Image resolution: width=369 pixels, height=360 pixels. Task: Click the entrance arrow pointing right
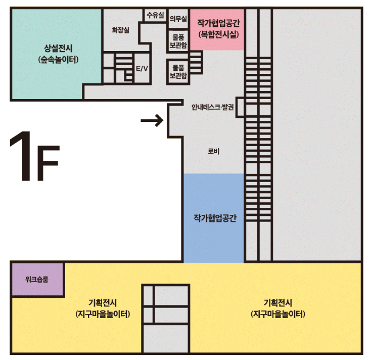click(152, 120)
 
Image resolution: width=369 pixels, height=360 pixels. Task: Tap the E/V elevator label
click(142, 69)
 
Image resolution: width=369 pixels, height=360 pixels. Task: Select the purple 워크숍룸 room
click(37, 279)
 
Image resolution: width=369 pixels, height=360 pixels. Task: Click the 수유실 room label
click(155, 15)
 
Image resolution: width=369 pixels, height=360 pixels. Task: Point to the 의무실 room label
click(178, 19)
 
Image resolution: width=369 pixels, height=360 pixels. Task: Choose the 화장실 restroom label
click(120, 30)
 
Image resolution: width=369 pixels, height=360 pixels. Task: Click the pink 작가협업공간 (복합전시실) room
click(217, 30)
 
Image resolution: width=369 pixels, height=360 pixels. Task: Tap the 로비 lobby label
click(213, 151)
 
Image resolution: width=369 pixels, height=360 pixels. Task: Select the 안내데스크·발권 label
click(212, 107)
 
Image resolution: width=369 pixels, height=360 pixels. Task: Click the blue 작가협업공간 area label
click(215, 218)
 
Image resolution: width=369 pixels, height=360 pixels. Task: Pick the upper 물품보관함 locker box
click(178, 41)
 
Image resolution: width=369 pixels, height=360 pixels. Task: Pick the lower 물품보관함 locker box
click(178, 72)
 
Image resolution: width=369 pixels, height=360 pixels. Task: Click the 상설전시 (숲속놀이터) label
click(58, 54)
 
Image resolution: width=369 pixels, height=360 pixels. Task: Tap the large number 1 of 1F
click(22, 156)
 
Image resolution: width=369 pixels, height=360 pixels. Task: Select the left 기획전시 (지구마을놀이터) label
click(103, 308)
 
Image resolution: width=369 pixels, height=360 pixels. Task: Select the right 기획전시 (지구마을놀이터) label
click(278, 308)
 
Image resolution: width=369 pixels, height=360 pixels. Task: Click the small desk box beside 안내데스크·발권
click(240, 107)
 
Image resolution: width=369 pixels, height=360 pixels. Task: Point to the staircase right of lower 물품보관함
click(196, 62)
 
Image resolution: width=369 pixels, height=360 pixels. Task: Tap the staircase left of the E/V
click(124, 68)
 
